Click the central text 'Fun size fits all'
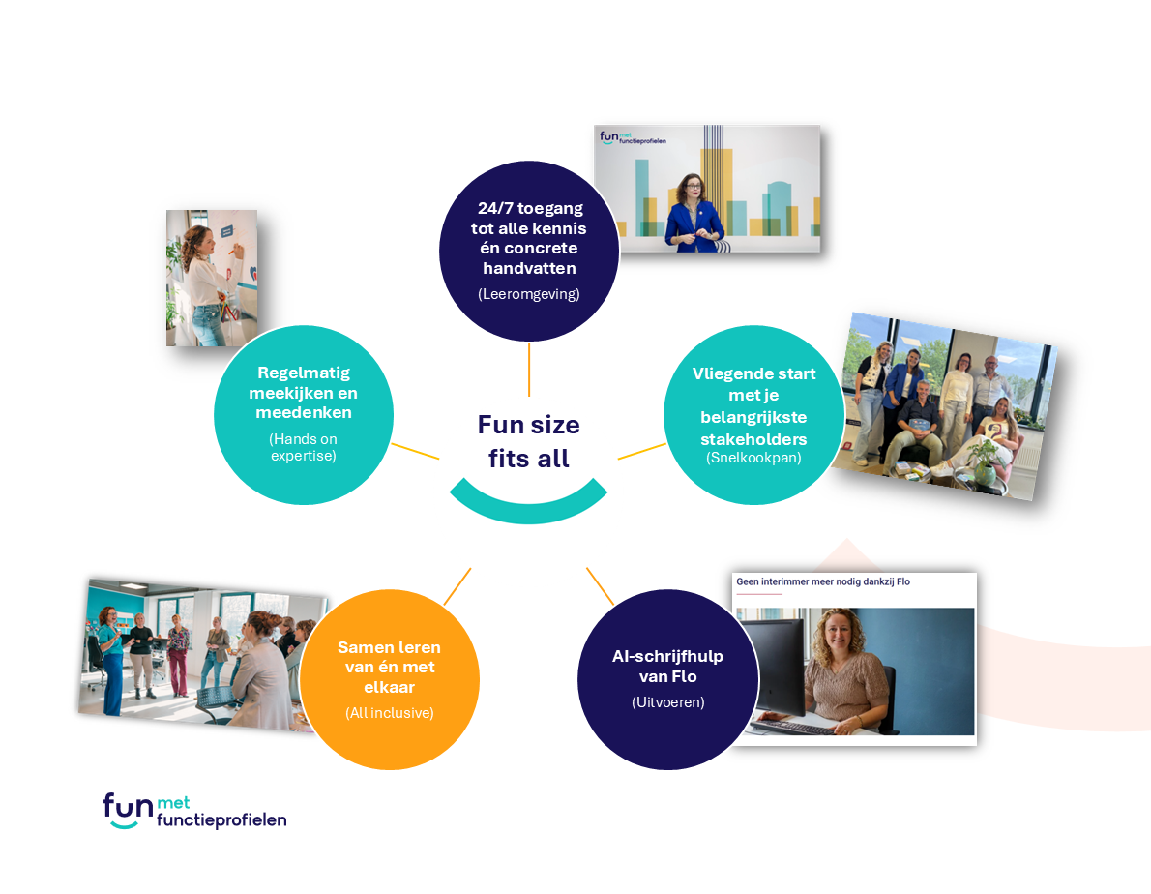pyautogui.click(x=528, y=441)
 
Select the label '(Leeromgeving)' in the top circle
pyautogui.click(x=528, y=294)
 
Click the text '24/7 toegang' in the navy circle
pyautogui.click(x=530, y=208)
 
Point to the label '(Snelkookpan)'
pyautogui.click(x=753, y=458)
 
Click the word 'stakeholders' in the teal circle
pyautogui.click(x=753, y=439)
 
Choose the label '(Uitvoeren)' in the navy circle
pyautogui.click(x=668, y=702)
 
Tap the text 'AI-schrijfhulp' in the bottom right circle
pyautogui.click(x=668, y=656)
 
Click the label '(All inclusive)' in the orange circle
pyautogui.click(x=390, y=713)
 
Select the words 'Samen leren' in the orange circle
pyautogui.click(x=389, y=647)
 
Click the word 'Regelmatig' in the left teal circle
pyautogui.click(x=304, y=372)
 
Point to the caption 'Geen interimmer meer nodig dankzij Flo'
pyautogui.click(x=823, y=581)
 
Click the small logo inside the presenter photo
pyautogui.click(x=632, y=137)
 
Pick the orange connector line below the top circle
pyautogui.click(x=528, y=370)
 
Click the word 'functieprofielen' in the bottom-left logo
pyautogui.click(x=221, y=819)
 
